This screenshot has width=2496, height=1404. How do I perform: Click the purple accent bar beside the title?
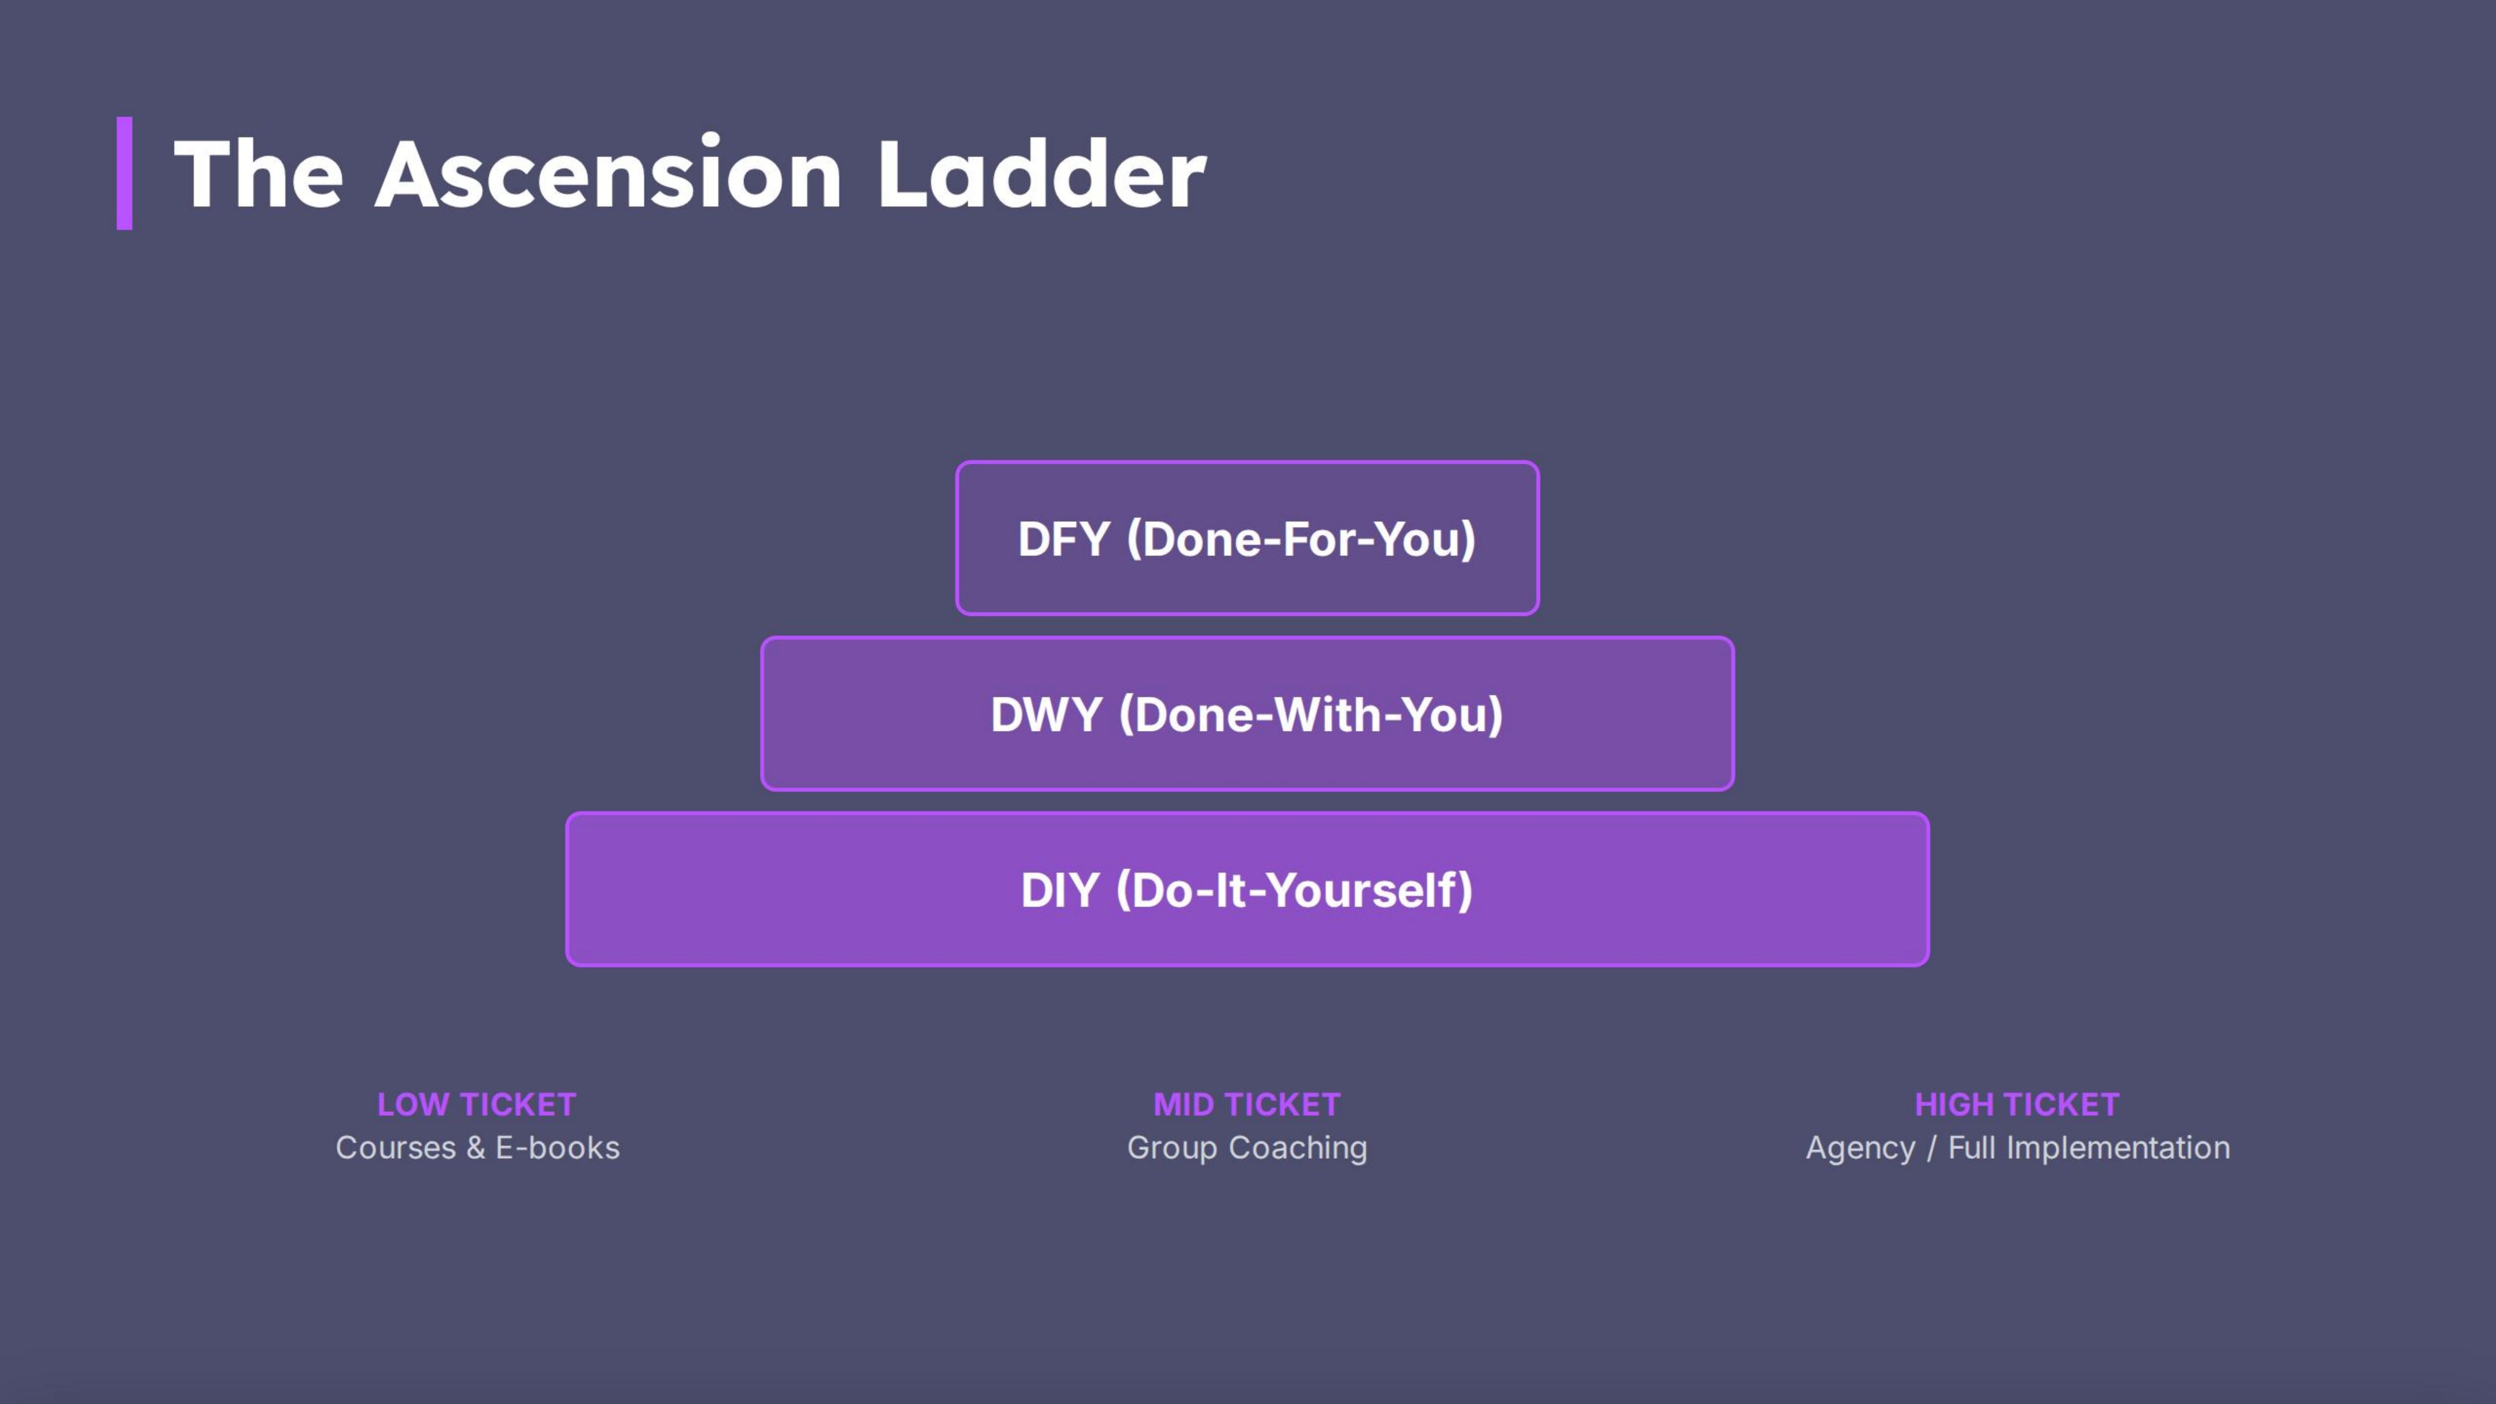[124, 174]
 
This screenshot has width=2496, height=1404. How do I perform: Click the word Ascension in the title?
[608, 175]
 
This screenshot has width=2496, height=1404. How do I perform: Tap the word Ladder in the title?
[1042, 175]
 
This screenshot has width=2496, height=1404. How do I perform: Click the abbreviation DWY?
[1046, 715]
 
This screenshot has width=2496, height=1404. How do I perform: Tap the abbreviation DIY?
[1059, 891]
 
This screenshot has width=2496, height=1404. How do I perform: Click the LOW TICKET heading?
[477, 1104]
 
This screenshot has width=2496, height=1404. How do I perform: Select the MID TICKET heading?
[1247, 1104]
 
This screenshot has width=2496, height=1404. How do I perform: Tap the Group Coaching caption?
[1247, 1148]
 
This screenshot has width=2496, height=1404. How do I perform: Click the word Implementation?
[2118, 1148]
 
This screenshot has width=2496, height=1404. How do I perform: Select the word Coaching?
[1299, 1148]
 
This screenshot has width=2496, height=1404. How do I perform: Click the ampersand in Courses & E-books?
[476, 1148]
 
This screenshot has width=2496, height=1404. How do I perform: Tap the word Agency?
[1861, 1148]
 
